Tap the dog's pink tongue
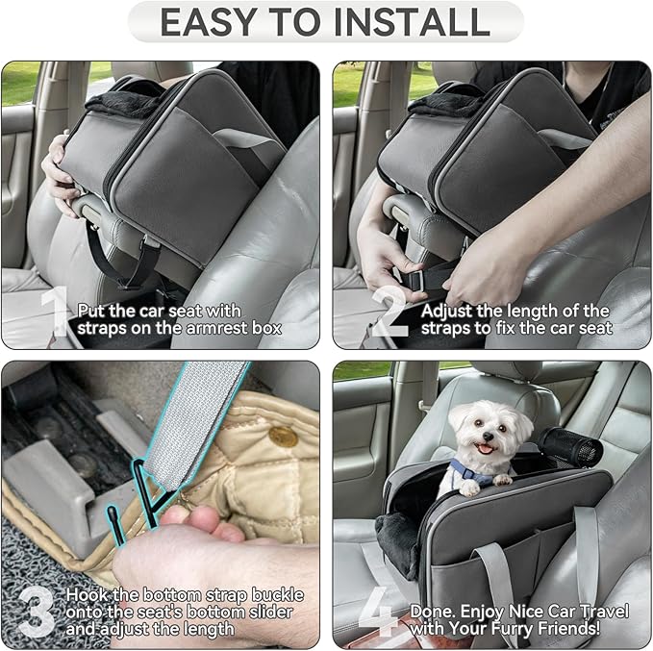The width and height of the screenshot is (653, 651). [x=484, y=449]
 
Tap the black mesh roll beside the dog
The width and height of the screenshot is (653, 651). [x=568, y=446]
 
